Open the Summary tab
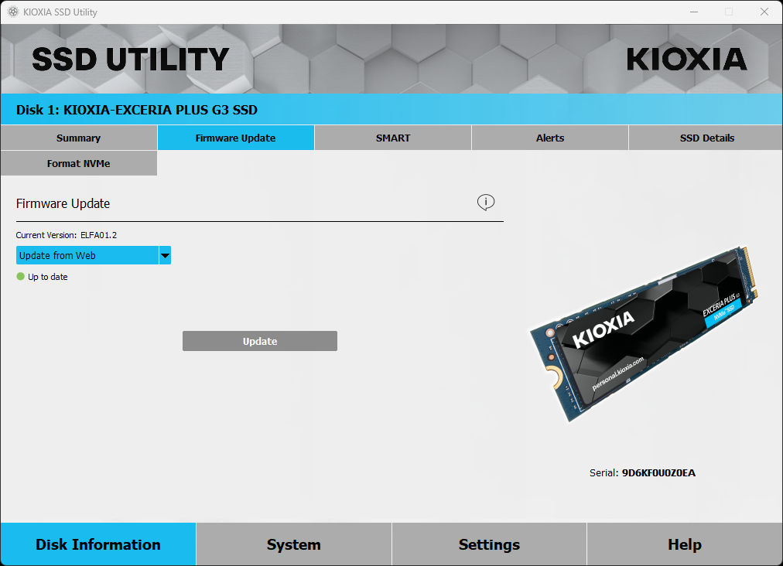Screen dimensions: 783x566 point(78,138)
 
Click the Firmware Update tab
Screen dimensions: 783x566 point(235,138)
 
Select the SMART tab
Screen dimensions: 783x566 point(393,138)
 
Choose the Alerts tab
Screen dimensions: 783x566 point(550,138)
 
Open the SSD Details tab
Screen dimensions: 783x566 point(706,138)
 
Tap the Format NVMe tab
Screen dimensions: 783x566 point(78,163)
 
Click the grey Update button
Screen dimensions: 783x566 point(260,341)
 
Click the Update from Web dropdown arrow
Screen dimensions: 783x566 point(165,255)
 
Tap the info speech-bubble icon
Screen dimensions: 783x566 point(485,203)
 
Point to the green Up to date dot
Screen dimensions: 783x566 point(21,277)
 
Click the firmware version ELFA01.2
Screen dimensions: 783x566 point(98,235)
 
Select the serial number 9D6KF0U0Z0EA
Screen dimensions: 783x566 point(658,472)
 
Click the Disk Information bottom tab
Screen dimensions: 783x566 point(98,544)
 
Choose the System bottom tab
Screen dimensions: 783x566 point(293,544)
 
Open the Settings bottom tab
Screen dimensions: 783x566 point(489,544)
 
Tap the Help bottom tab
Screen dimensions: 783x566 point(685,544)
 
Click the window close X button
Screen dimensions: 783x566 point(764,12)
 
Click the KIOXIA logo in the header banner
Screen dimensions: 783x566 point(686,60)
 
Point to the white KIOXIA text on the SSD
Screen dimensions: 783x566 point(603,329)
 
